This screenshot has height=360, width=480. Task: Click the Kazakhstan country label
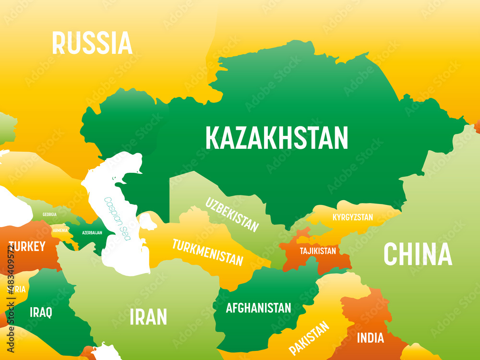[x=276, y=138]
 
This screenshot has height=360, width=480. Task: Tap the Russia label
[x=92, y=43]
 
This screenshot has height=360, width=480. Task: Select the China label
[x=418, y=254]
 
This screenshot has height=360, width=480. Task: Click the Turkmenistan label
[x=207, y=252]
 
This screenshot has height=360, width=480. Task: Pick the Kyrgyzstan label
[x=352, y=217]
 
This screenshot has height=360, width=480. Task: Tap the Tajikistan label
[x=318, y=251]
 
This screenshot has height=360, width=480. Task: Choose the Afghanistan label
[x=258, y=308]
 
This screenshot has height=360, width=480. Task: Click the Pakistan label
[x=309, y=338]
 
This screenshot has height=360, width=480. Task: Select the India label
[x=370, y=338]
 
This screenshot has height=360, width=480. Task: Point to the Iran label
[x=148, y=317]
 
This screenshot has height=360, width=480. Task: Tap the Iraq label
[x=40, y=312]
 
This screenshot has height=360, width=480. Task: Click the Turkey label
[x=27, y=247]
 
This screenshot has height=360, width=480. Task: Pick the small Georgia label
[x=49, y=215]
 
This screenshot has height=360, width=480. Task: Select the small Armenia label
[x=60, y=230]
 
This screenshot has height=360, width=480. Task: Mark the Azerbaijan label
[x=92, y=232]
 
